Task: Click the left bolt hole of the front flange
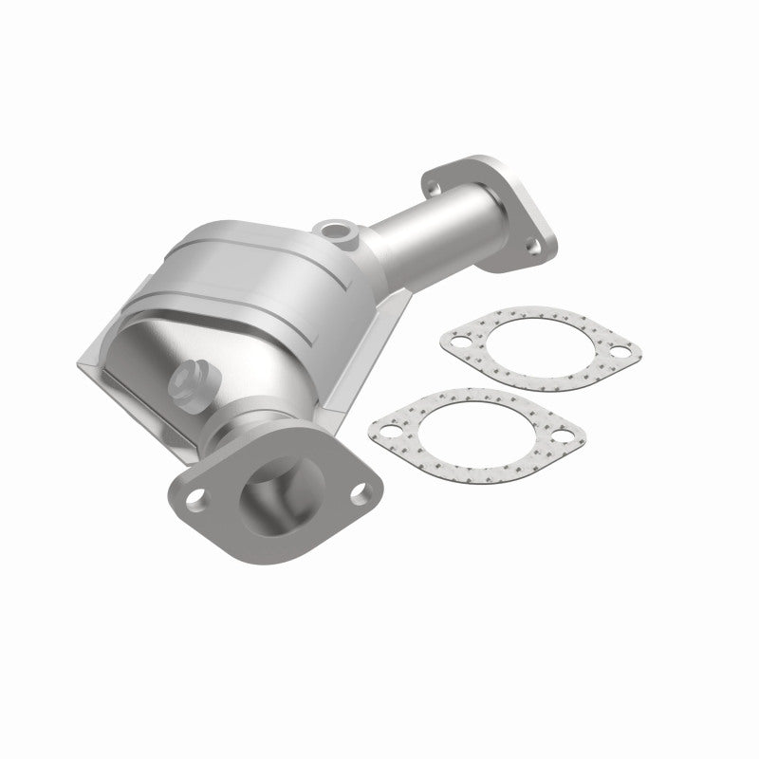198,496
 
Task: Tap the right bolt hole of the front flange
358,492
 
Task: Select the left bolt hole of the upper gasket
461,339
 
